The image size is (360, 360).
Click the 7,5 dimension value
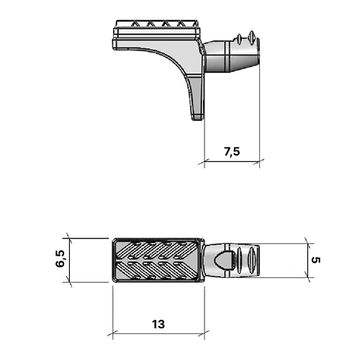click(231, 152)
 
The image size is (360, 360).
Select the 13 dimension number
click(158, 324)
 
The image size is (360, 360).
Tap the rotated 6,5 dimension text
click(61, 259)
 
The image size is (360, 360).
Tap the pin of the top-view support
click(234, 260)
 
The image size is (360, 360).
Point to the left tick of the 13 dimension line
click(113, 335)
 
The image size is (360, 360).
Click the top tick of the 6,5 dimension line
click(70, 238)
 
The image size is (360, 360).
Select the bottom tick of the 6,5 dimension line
click(70, 282)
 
